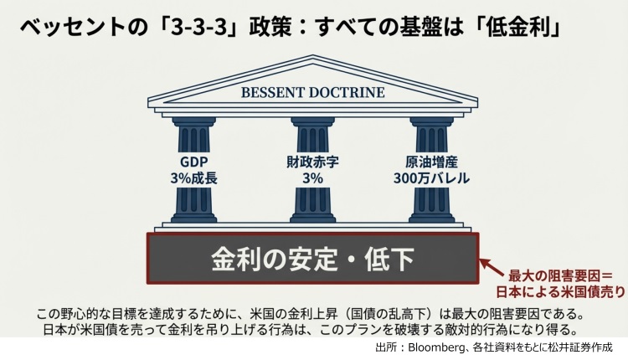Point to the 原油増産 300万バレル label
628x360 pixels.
pos(435,170)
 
